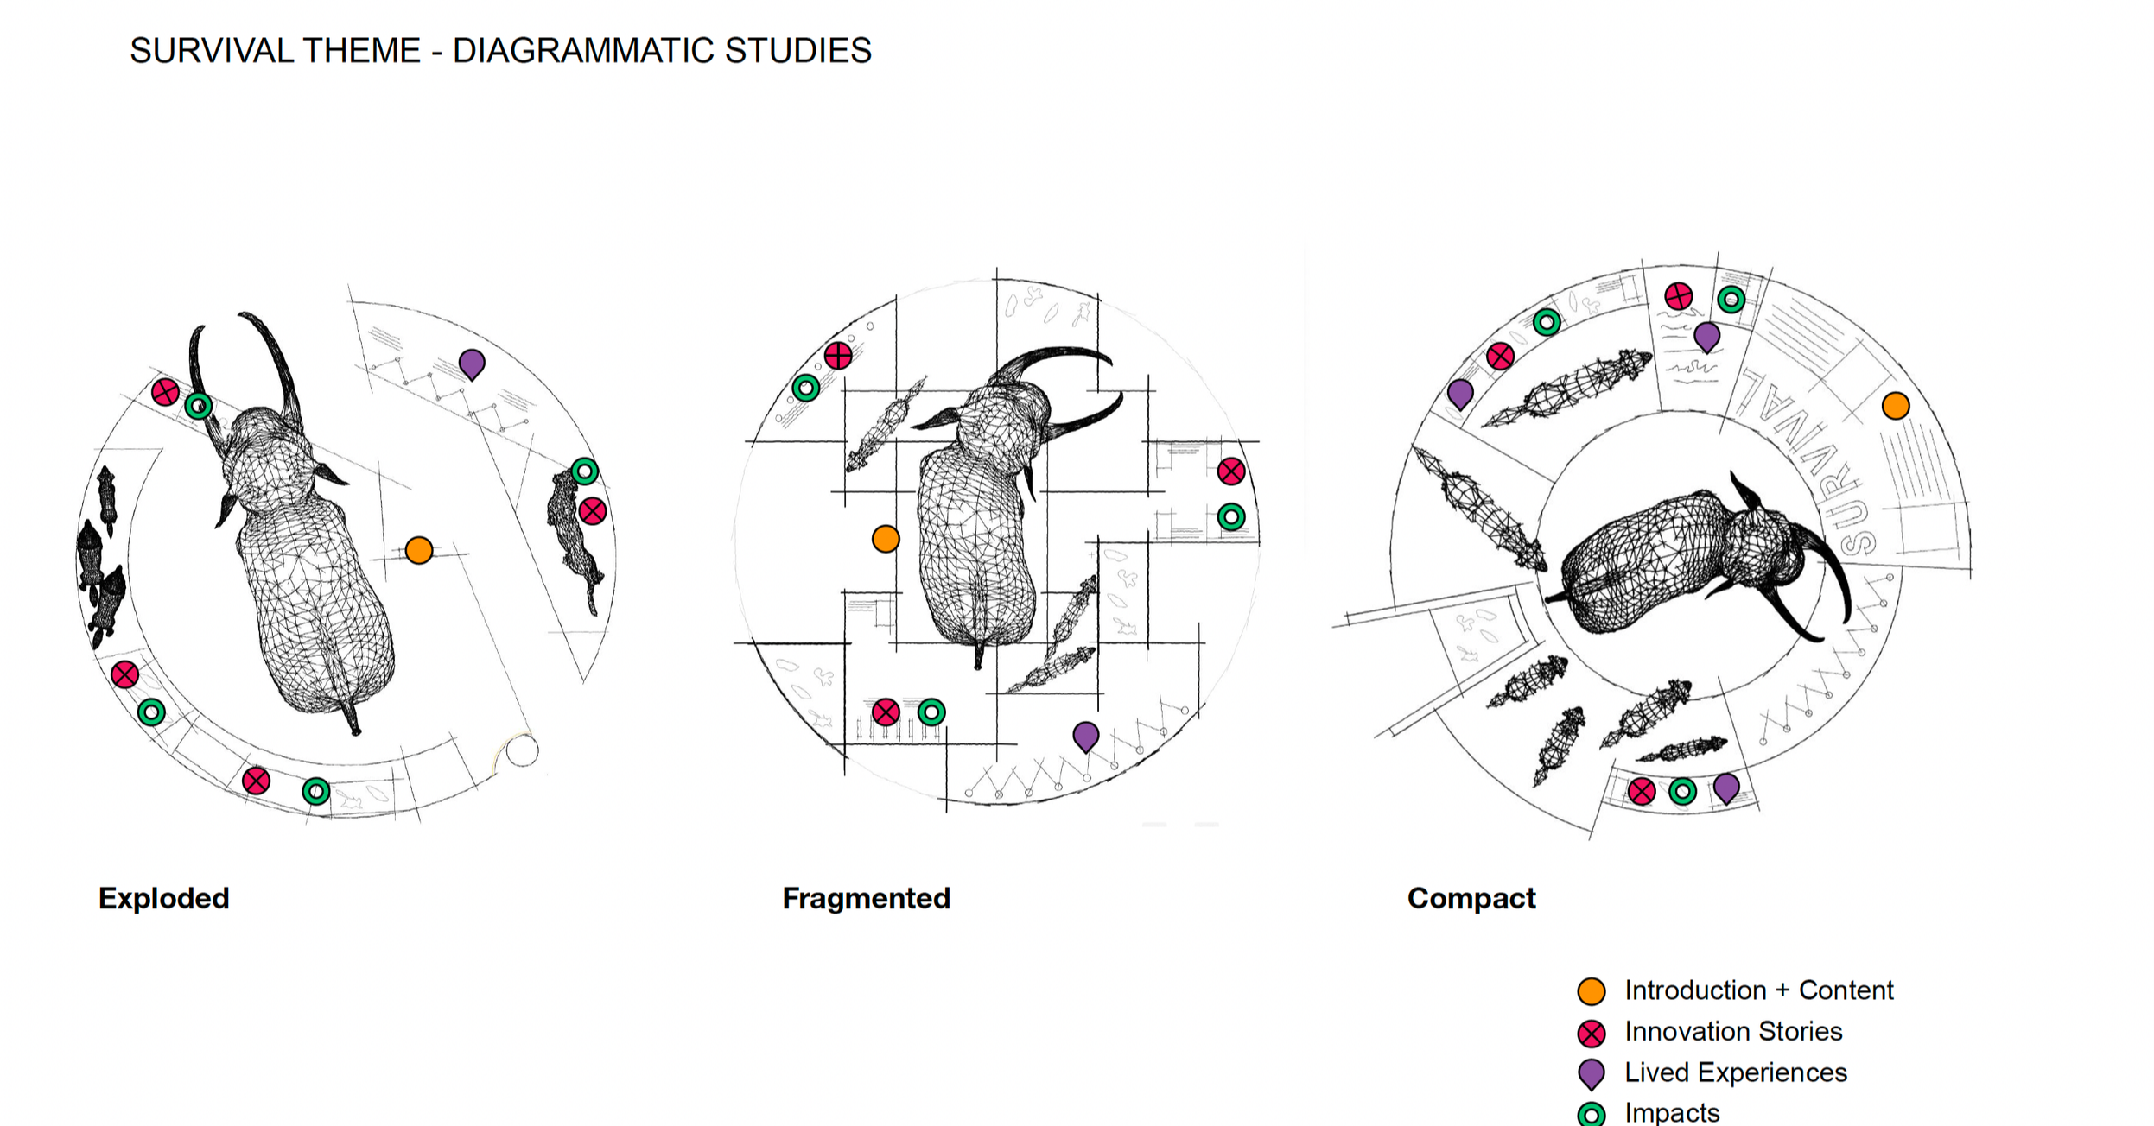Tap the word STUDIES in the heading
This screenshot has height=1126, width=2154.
(797, 51)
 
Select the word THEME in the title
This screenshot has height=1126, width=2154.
(361, 51)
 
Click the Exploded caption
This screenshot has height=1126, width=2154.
(164, 898)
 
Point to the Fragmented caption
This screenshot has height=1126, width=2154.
(866, 898)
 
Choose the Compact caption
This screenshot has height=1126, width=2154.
(1471, 898)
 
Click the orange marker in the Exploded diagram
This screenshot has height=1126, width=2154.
(419, 550)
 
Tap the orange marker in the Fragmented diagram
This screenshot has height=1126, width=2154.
(886, 539)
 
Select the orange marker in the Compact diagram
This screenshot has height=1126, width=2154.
(1896, 406)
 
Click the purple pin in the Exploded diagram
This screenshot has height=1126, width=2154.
(472, 364)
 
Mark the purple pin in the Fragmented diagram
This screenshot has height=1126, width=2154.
(1086, 736)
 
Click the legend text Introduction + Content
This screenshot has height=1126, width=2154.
(1758, 990)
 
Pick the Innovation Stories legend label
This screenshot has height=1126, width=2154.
(1733, 1031)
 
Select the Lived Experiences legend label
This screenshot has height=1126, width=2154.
(1735, 1072)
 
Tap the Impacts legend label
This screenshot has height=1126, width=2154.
(1672, 1112)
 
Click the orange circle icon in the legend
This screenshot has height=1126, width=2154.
(1592, 991)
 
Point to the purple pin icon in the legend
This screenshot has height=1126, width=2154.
(1592, 1073)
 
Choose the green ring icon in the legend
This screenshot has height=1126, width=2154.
(1592, 1115)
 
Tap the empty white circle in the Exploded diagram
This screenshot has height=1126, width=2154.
(522, 750)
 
